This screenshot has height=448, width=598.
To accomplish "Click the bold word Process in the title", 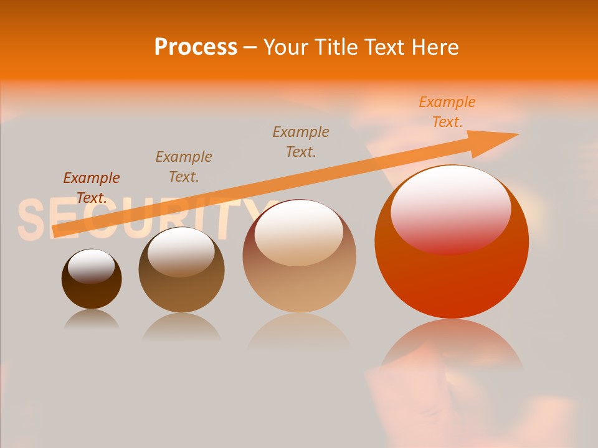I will (x=196, y=47).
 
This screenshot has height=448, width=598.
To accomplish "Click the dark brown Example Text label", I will (x=92, y=187).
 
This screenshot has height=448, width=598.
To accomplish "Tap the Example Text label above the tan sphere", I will (x=301, y=141).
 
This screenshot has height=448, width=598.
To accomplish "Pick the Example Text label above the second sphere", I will (x=184, y=166).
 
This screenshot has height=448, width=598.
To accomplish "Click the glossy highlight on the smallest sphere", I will (x=91, y=265).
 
